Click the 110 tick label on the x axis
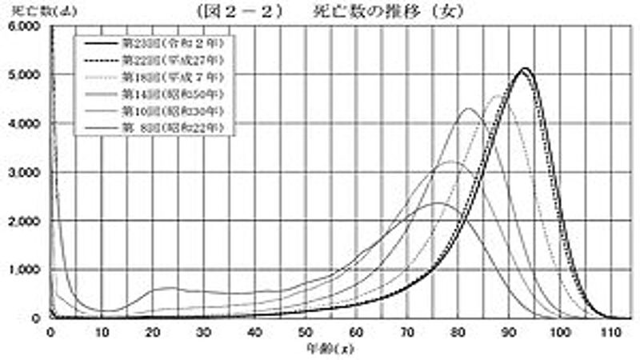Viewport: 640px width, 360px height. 611,332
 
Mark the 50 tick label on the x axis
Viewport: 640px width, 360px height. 306,332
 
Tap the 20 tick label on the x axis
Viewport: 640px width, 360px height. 153,332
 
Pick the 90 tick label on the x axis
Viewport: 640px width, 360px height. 510,332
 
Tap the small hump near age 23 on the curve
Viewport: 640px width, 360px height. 168,288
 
